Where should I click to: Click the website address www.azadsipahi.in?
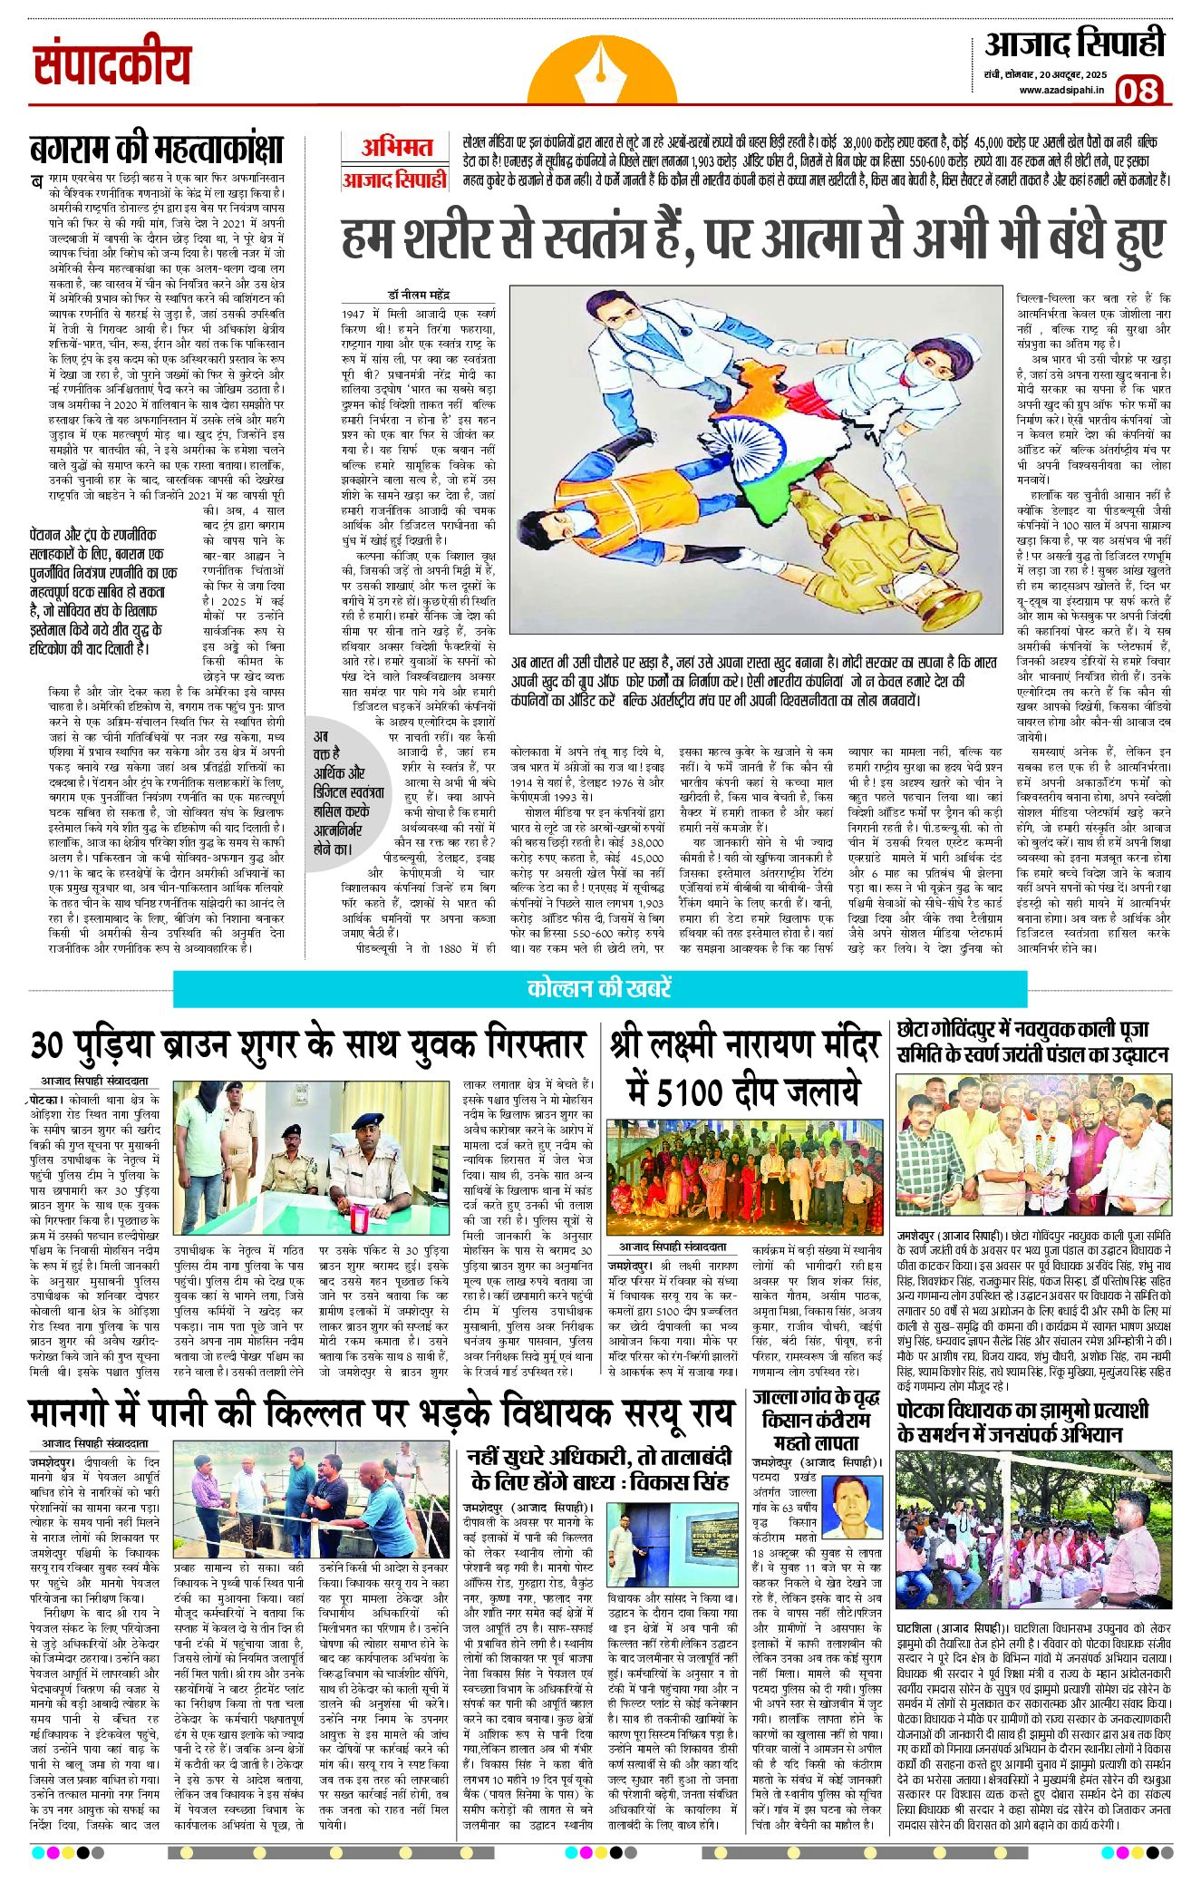click(x=1061, y=90)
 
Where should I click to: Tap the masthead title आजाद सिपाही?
click(x=1074, y=44)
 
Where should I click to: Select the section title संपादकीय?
click(x=112, y=65)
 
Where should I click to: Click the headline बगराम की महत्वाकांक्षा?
click(x=156, y=149)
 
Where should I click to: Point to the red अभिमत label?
click(x=396, y=147)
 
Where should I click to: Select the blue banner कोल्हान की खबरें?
click(x=599, y=988)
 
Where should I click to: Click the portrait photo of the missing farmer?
click(x=856, y=1505)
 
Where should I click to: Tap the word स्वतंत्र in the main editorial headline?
click(x=596, y=238)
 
